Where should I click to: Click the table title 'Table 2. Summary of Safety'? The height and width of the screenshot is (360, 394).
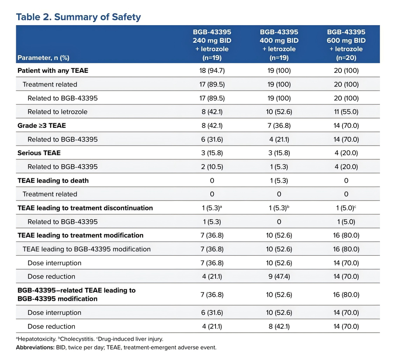click(78, 17)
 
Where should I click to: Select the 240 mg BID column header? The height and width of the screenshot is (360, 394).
click(212, 45)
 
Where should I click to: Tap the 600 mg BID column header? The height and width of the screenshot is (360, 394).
click(346, 45)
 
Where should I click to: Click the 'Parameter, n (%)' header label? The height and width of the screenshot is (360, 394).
click(43, 58)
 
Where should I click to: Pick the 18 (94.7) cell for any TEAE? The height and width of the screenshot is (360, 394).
click(212, 71)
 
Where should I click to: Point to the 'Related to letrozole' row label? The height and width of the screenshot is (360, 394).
click(57, 112)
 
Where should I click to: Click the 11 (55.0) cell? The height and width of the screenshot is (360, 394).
click(346, 112)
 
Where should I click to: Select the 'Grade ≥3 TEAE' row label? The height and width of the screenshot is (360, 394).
click(42, 125)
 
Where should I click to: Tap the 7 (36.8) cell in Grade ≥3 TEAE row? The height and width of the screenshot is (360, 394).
click(279, 125)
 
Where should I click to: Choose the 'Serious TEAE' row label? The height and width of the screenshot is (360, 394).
click(39, 153)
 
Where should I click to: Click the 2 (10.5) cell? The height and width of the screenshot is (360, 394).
click(212, 167)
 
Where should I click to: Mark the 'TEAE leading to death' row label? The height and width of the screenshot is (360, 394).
click(53, 180)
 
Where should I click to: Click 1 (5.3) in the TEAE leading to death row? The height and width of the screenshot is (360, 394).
click(279, 180)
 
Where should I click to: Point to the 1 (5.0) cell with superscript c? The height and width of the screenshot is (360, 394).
click(346, 208)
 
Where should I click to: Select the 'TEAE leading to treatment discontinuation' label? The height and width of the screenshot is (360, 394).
click(85, 208)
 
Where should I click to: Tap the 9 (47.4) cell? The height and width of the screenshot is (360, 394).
click(279, 277)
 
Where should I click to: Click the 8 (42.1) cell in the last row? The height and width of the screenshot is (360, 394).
click(279, 326)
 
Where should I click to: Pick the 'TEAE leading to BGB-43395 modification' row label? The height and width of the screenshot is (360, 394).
click(87, 249)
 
